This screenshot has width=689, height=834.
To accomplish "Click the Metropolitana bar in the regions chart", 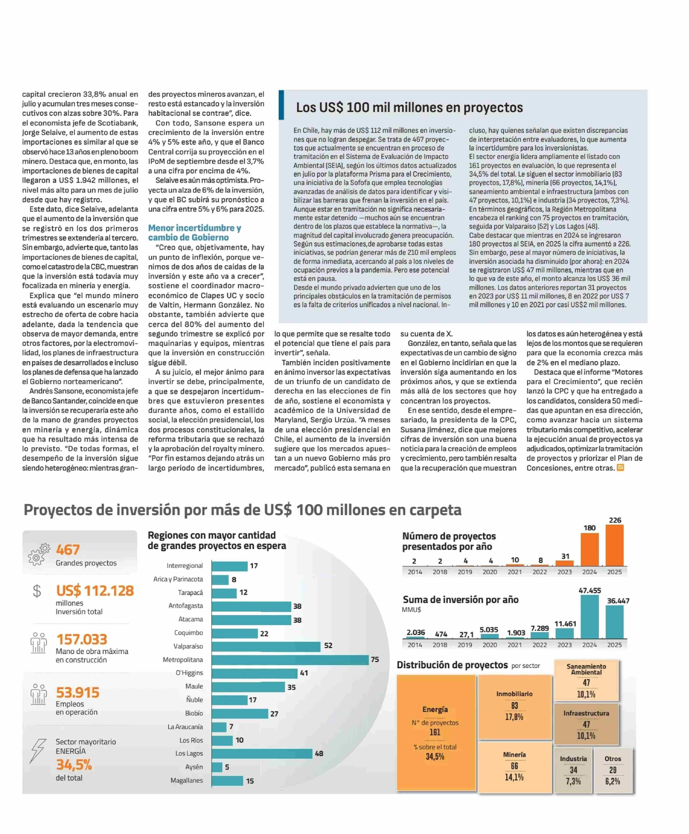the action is point(290,660).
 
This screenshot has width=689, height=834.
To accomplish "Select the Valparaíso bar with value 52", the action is point(266,646).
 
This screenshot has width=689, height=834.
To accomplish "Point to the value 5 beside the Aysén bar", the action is point(227,767).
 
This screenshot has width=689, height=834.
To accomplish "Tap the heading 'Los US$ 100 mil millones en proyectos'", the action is point(409,107).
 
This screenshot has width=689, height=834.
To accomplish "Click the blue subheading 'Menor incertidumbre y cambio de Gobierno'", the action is point(194,233).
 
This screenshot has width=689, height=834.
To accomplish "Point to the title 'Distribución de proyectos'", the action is point(452,665).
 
